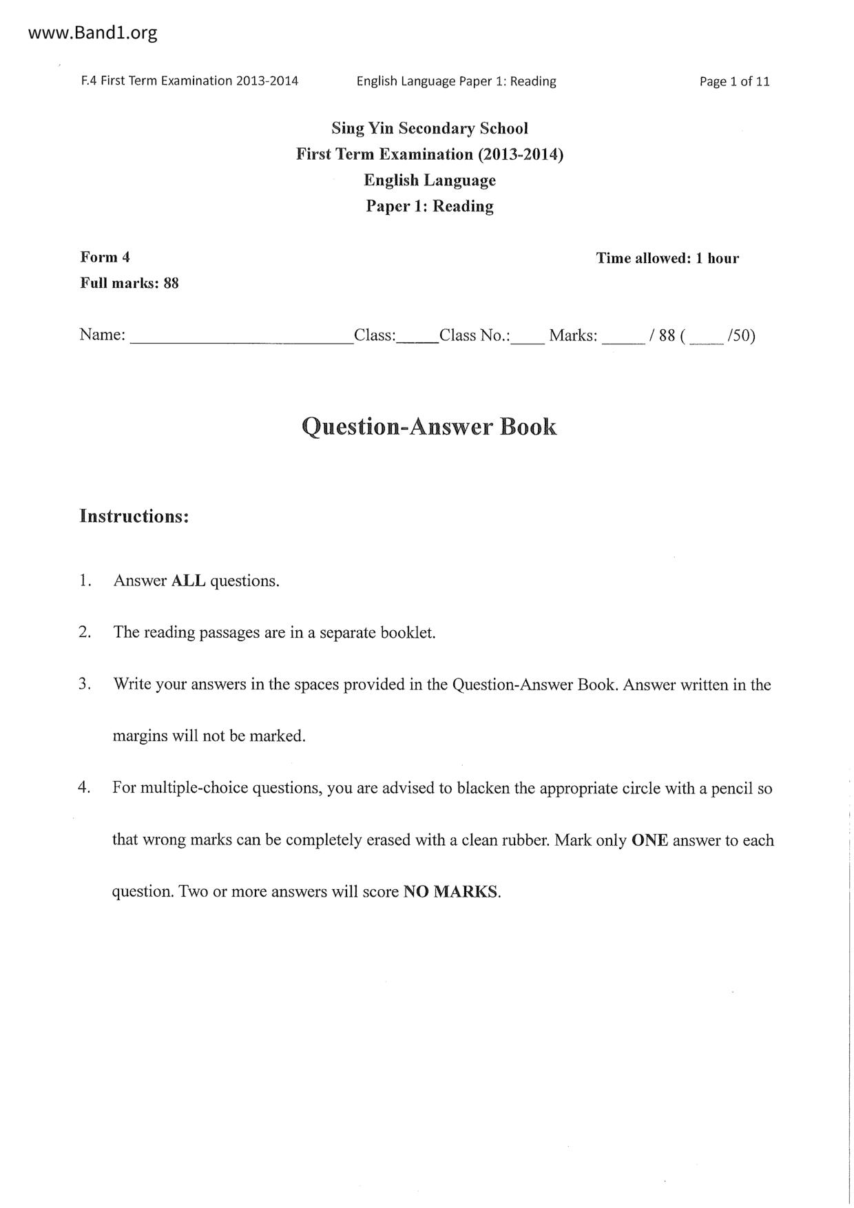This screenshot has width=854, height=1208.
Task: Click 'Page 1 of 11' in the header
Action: (x=734, y=81)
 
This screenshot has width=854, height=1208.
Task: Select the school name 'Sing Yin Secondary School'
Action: (x=430, y=128)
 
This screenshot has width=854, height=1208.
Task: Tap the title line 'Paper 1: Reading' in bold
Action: (x=430, y=206)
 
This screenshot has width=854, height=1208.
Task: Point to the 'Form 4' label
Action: (x=105, y=258)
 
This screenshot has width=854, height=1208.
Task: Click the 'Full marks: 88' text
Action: (x=129, y=283)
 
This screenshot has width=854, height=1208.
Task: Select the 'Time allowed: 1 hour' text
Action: (x=667, y=258)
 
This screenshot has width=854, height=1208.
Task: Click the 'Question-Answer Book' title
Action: (x=430, y=427)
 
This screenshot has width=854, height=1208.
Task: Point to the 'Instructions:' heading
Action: (x=134, y=516)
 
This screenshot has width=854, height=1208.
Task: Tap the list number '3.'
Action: (x=85, y=684)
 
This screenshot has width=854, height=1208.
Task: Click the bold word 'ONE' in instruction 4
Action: (x=649, y=840)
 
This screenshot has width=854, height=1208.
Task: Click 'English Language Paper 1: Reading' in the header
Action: (x=456, y=81)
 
